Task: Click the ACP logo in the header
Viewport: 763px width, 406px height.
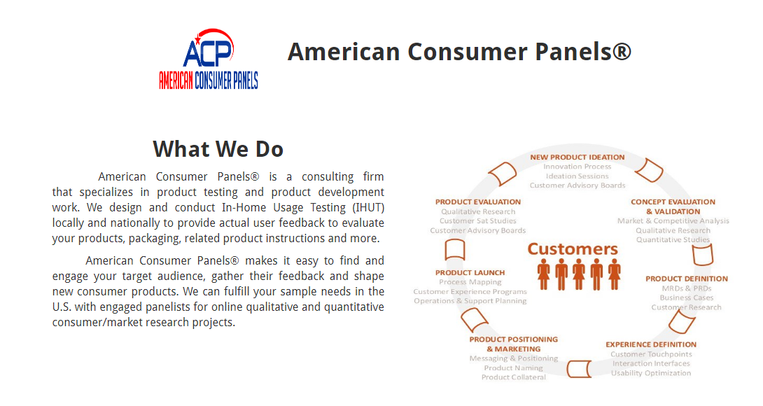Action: click(x=209, y=59)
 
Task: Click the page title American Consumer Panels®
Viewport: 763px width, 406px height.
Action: click(x=459, y=52)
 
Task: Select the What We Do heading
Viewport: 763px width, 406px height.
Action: click(x=218, y=149)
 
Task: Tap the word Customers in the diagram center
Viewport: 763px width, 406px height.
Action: click(x=573, y=248)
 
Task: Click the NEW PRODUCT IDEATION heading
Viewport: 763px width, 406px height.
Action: click(x=577, y=157)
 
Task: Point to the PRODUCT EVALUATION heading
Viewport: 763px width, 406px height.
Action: click(x=478, y=202)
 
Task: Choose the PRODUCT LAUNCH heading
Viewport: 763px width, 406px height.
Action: click(x=470, y=272)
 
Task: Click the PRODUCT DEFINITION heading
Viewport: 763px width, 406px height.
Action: click(x=687, y=279)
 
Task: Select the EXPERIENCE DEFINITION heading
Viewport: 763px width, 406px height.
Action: click(x=651, y=344)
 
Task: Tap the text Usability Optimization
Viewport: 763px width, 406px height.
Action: click(x=651, y=373)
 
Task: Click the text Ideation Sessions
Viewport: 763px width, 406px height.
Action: click(x=577, y=176)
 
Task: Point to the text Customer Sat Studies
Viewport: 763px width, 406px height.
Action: click(x=478, y=221)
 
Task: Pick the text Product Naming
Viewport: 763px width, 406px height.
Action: click(x=513, y=368)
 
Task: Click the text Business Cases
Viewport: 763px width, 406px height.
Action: click(x=687, y=298)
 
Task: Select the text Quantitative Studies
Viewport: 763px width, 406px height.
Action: click(x=673, y=240)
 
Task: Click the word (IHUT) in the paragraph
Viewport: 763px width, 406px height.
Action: click(x=368, y=208)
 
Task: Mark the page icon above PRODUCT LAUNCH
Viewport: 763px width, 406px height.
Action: click(x=455, y=250)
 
